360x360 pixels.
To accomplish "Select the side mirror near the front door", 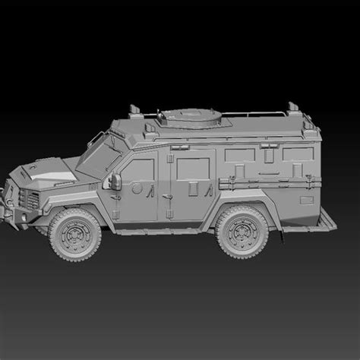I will (115, 182).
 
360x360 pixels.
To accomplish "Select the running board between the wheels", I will (159, 226).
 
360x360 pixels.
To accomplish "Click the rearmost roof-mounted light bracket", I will (289, 106).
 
